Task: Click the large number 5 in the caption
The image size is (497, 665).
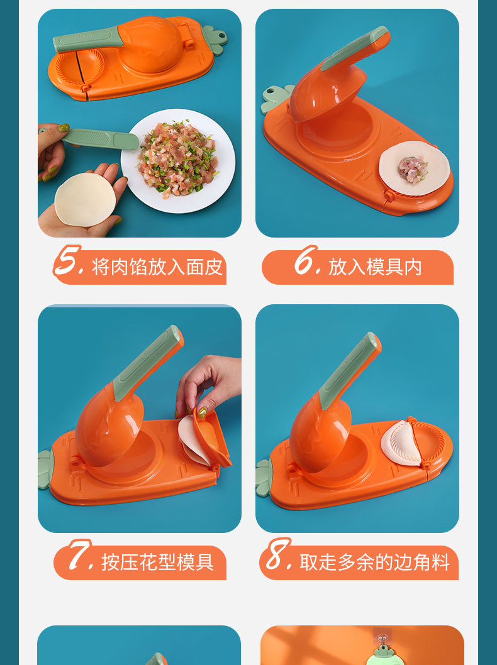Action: pyautogui.click(x=68, y=262)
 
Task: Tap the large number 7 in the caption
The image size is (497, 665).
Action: pyautogui.click(x=80, y=556)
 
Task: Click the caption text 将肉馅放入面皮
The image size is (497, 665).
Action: pyautogui.click(x=157, y=267)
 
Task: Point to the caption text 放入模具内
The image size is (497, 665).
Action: pyautogui.click(x=375, y=267)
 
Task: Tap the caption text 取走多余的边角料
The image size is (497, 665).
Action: pyautogui.click(x=375, y=562)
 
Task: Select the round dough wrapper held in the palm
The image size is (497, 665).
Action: pyautogui.click(x=85, y=199)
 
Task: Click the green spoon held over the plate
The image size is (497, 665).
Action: pyautogui.click(x=101, y=138)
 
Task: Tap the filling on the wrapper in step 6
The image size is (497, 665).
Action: pyautogui.click(x=413, y=168)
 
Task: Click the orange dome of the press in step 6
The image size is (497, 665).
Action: pyautogui.click(x=321, y=91)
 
